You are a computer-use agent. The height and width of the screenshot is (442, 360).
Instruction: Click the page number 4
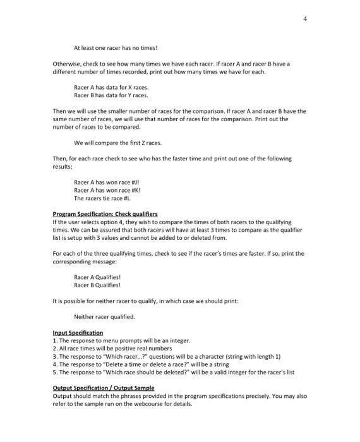pos(305,19)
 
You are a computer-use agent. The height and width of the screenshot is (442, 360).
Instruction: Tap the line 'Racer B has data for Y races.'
pos(111,95)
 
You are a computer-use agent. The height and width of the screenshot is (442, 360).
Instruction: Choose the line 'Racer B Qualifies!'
pos(97,285)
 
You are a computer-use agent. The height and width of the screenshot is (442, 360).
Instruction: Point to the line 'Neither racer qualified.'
pos(104,316)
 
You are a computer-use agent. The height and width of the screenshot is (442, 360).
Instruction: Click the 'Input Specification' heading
pos(78,332)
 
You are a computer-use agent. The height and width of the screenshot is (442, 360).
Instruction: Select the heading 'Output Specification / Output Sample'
pos(104,388)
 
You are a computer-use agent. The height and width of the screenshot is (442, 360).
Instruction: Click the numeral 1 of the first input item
pos(54,340)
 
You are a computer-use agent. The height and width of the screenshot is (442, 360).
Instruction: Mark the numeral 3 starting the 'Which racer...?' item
pos(54,356)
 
